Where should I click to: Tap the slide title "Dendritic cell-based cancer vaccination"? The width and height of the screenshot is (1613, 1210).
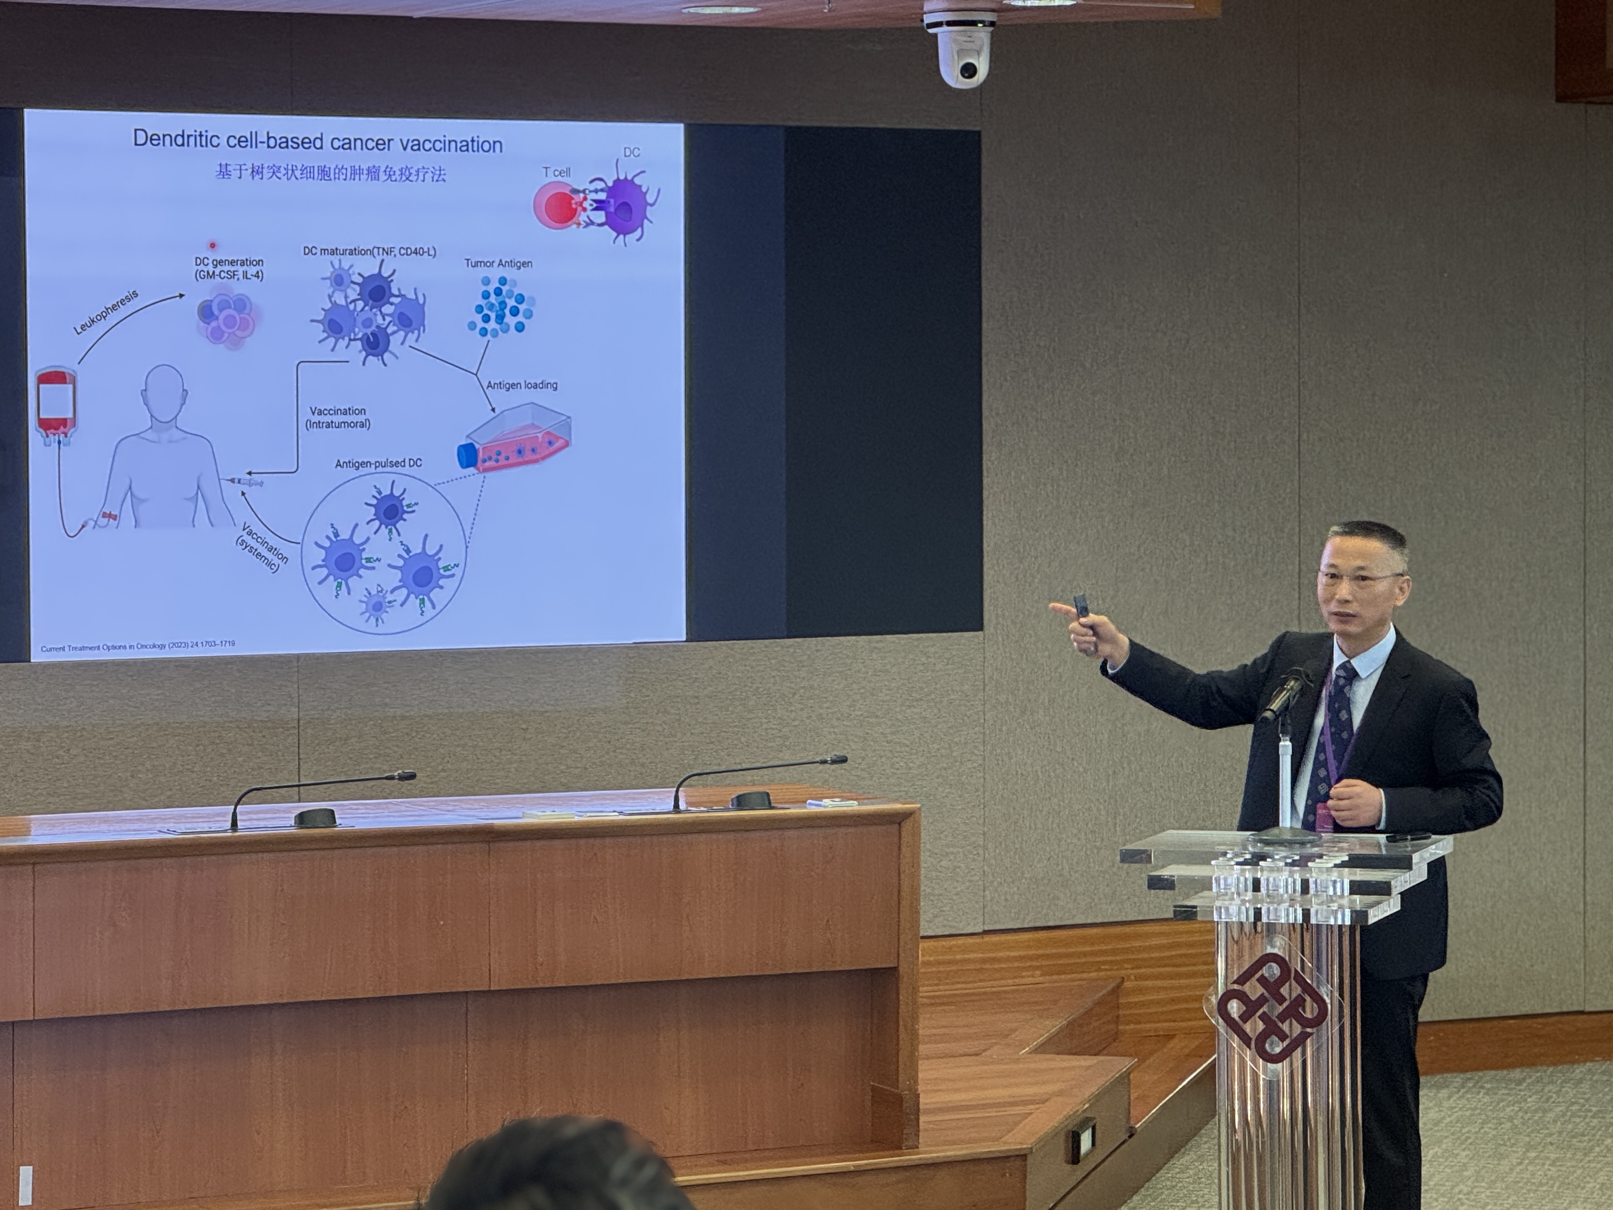click(318, 142)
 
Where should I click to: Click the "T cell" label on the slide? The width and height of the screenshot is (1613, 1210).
click(556, 172)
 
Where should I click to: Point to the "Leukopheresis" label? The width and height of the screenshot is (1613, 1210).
click(106, 312)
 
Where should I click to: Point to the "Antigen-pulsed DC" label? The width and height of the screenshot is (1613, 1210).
click(378, 463)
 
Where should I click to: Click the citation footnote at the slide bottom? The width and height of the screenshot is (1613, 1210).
click(138, 646)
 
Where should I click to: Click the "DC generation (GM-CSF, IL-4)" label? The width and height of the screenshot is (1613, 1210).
click(229, 268)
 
